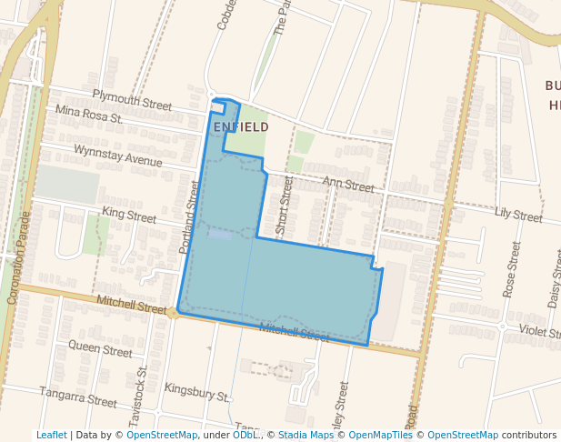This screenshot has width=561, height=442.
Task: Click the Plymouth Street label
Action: coord(132,100)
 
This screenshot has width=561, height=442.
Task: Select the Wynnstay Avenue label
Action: coord(117,156)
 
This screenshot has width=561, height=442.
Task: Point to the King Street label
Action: coord(129,216)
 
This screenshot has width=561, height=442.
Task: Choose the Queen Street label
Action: coord(100,348)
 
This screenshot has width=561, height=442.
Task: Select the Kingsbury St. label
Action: coord(196,392)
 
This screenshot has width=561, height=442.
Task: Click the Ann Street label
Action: coord(347,186)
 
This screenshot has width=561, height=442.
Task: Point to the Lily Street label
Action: coord(518,216)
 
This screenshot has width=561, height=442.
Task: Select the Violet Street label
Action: coord(539,331)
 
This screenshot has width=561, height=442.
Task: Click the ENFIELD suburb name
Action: coord(241,126)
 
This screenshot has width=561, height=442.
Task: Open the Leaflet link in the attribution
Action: coord(52,436)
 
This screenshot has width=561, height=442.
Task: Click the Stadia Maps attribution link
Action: coord(306,436)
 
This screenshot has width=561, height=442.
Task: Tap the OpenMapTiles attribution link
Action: coord(381,436)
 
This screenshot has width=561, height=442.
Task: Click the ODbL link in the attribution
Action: coord(245,436)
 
